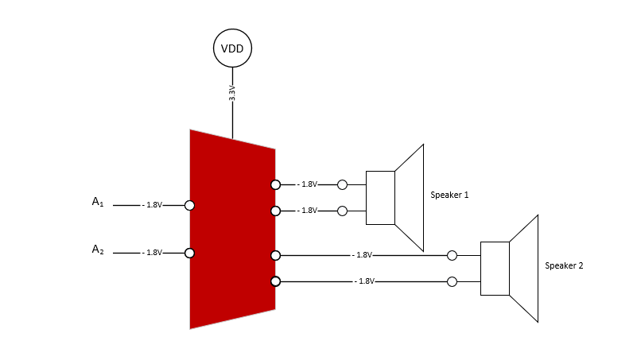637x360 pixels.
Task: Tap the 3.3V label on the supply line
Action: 232,93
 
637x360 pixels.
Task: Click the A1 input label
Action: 98,202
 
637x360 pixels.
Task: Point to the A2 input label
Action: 98,250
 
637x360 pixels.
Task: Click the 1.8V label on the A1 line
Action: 153,205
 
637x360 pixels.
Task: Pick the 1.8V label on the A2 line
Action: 153,253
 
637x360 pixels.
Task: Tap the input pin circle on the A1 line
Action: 189,205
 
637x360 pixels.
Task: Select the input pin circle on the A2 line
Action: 189,253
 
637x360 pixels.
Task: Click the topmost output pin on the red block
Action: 275,184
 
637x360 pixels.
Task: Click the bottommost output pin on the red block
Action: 275,281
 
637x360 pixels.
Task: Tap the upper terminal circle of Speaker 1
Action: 342,184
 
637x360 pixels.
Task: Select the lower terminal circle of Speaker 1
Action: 342,211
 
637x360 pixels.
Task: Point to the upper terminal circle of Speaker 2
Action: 452,255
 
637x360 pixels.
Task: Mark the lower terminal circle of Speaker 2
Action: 452,281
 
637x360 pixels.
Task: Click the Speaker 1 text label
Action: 449,195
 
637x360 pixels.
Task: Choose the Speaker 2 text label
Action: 564,265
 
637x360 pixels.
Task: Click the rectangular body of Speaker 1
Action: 380,197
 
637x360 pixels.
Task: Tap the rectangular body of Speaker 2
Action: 495,269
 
